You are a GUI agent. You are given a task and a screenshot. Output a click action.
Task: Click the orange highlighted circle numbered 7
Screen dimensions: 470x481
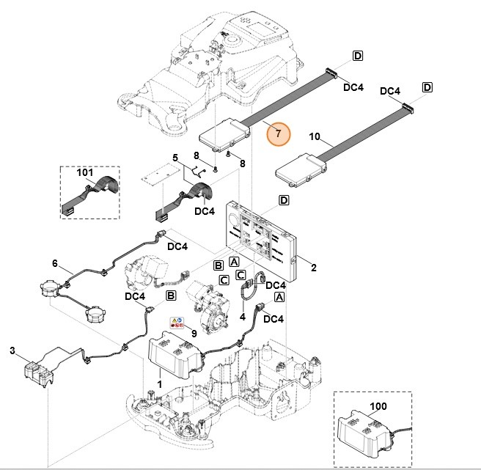click(278, 134)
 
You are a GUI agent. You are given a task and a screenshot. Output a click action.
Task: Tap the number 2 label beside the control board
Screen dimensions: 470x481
click(313, 268)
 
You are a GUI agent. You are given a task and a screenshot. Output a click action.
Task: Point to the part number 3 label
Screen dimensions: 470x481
click(12, 351)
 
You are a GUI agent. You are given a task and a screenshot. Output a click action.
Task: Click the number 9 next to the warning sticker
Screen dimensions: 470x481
click(194, 334)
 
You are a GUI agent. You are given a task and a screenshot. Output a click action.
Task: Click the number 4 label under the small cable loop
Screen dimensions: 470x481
click(243, 317)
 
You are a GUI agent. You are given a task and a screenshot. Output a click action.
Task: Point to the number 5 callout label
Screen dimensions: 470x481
click(175, 158)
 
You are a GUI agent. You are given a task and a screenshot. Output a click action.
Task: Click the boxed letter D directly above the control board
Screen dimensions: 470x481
click(284, 200)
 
